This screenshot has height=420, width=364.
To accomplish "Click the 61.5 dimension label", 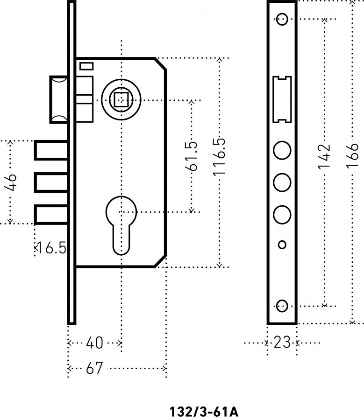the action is click(x=191, y=156).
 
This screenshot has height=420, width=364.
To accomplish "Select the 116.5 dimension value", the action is click(x=219, y=157).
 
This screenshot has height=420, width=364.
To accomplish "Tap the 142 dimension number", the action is click(x=324, y=157).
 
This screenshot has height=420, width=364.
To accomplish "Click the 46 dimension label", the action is click(x=11, y=182).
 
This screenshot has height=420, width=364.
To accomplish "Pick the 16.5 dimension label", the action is click(x=51, y=247).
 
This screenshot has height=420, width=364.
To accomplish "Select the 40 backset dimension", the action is click(x=94, y=343).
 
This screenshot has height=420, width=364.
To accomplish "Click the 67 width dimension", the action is click(x=94, y=368).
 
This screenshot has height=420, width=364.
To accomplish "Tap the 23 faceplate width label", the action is click(x=282, y=343).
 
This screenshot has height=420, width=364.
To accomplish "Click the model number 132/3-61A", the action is click(x=204, y=412).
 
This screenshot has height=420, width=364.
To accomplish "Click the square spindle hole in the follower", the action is click(x=121, y=100).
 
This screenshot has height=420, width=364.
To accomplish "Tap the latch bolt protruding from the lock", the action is click(x=59, y=100).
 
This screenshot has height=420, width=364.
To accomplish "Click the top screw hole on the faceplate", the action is click(x=282, y=19).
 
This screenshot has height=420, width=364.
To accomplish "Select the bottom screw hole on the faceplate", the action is click(x=282, y=306).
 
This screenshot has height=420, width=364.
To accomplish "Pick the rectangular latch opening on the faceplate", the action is click(x=282, y=100).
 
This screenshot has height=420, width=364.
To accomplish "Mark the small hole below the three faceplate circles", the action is click(x=282, y=245).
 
